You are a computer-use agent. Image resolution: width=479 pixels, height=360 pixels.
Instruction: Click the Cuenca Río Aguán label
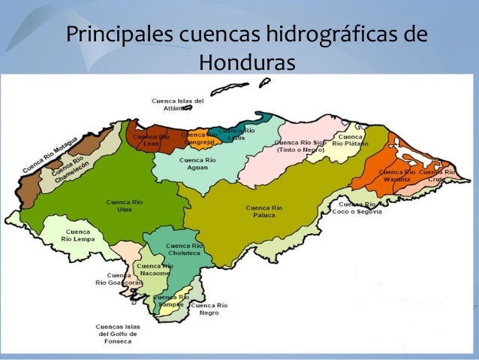tap(197, 164)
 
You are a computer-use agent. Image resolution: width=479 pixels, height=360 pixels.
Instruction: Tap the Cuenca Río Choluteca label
tap(184, 250)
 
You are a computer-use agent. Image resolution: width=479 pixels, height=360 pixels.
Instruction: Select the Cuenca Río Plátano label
tap(351, 141)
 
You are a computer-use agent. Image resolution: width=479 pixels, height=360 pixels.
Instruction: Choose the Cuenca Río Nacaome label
tap(155, 269)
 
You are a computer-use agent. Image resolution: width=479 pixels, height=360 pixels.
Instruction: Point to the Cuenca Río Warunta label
tap(396, 176)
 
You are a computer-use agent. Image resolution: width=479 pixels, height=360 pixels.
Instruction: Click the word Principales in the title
tap(118, 35)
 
